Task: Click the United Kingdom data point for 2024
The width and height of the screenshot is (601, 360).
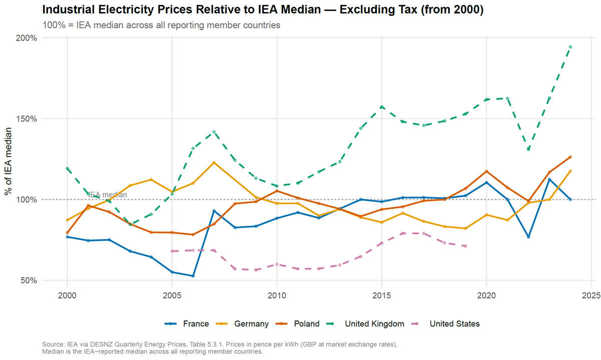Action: click(570, 47)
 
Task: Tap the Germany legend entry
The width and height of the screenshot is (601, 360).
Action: click(246, 324)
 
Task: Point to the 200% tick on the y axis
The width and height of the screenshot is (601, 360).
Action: click(28, 38)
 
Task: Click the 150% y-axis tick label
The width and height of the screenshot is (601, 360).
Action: click(28, 119)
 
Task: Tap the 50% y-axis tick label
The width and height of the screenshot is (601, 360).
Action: click(30, 280)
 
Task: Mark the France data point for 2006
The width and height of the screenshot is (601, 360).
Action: click(193, 276)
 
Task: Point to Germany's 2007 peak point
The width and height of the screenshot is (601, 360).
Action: click(214, 163)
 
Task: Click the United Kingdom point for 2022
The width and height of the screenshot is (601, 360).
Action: click(528, 149)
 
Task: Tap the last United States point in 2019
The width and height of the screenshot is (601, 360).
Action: click(465, 246)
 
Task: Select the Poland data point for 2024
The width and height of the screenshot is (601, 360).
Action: click(570, 157)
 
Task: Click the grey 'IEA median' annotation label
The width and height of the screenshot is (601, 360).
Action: click(104, 195)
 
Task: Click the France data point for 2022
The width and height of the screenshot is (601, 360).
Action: click(528, 237)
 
